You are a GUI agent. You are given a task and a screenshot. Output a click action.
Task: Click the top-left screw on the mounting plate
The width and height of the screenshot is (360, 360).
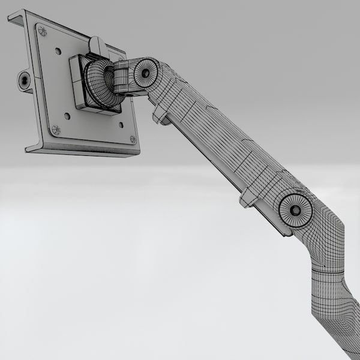(42, 31)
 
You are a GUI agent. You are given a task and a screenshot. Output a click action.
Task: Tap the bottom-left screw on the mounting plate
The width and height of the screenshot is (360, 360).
(56, 129)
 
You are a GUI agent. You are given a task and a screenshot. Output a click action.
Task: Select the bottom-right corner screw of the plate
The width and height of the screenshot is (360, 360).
(133, 139)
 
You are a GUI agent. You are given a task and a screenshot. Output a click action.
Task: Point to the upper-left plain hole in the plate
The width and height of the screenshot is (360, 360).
(58, 51)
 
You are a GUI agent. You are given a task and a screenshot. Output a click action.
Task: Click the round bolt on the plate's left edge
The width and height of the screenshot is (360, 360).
(24, 80)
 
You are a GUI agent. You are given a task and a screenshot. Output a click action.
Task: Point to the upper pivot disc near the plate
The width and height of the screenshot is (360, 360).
(145, 73)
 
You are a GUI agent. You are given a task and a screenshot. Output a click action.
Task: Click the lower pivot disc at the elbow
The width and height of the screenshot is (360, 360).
(295, 211)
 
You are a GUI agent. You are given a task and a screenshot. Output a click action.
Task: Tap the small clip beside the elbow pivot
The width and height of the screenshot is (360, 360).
(248, 197)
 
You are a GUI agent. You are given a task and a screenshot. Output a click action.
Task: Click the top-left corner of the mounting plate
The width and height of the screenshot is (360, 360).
(12, 14)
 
